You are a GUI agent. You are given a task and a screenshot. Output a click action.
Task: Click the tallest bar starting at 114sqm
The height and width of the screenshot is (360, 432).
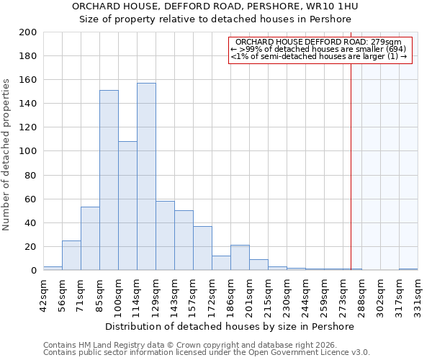[x=146, y=176]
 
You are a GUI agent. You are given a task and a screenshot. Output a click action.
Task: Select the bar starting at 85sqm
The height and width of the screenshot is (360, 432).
[x=109, y=180]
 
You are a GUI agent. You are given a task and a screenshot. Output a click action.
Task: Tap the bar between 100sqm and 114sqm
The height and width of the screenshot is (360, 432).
[x=127, y=205]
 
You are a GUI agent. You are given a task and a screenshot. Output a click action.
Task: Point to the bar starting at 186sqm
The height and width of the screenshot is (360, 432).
[x=240, y=258]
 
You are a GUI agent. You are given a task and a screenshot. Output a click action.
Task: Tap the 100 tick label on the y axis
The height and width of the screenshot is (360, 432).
[x=28, y=151]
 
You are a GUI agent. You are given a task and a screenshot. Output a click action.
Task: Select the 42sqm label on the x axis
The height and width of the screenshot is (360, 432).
[x=43, y=295]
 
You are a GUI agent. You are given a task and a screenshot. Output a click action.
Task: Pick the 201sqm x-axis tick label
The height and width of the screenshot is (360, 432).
[x=249, y=295]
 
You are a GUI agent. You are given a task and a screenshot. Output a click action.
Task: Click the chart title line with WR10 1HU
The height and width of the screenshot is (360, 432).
[x=215, y=6]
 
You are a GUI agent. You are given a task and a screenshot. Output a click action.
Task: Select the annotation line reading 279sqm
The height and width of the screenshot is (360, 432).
[x=320, y=42]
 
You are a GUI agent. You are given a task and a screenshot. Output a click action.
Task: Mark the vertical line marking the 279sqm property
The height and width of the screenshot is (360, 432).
[x=351, y=166]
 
